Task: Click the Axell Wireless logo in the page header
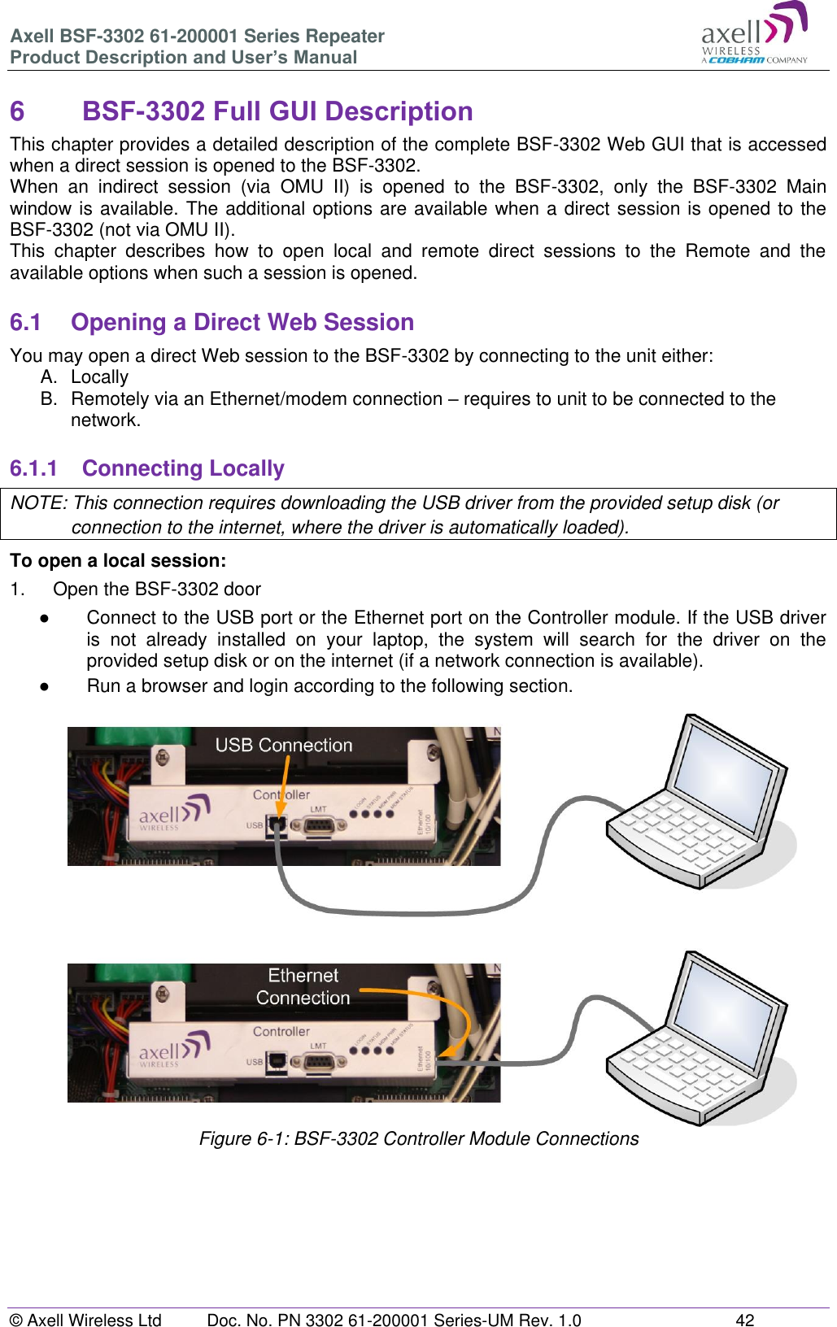754,34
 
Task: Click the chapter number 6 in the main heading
17,111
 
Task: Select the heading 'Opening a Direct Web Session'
242,323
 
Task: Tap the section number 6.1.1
33,469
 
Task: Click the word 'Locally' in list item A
99,377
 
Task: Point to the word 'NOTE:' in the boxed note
38,503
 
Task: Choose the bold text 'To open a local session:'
118,561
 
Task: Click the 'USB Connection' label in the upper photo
283,745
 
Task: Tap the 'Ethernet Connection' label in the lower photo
303,986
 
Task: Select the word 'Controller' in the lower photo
281,1031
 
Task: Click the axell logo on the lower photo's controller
173,1050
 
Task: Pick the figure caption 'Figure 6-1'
418,1138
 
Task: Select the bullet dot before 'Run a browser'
45,686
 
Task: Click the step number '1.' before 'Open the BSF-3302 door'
17,590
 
